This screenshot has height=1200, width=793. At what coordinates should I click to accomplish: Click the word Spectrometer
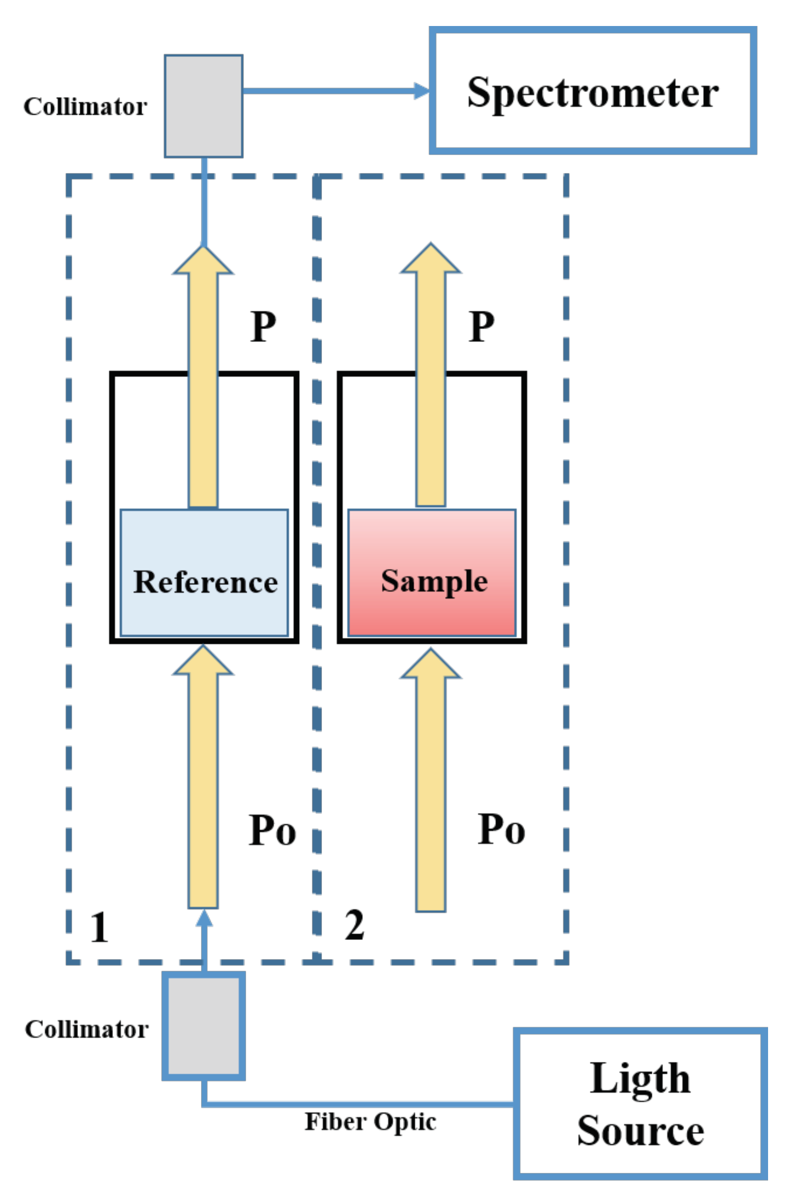click(592, 93)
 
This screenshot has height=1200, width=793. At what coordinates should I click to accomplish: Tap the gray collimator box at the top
click(204, 106)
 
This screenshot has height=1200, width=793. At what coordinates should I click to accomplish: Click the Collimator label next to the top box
click(85, 107)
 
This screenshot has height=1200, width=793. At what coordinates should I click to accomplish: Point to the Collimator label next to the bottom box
click(86, 1029)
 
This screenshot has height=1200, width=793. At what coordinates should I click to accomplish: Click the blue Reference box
click(204, 573)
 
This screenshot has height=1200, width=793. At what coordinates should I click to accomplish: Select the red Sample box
click(432, 573)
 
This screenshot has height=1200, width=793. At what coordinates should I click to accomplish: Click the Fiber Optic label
click(370, 1122)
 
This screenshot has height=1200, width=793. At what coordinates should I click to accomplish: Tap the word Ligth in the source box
click(640, 1078)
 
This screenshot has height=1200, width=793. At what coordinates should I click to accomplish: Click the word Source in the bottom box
click(640, 1130)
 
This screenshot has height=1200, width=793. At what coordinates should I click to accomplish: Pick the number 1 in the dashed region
click(99, 928)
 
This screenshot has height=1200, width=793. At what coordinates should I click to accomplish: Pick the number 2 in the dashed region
click(354, 925)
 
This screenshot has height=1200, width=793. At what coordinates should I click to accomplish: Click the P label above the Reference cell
click(263, 326)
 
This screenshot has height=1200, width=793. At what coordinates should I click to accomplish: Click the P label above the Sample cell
click(482, 326)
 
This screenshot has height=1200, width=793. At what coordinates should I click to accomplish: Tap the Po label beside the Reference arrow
click(272, 830)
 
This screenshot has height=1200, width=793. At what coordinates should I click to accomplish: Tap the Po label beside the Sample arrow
click(501, 829)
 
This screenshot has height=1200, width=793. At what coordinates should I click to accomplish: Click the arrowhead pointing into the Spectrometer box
click(422, 91)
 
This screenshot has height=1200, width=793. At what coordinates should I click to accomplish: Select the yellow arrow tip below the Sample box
click(431, 663)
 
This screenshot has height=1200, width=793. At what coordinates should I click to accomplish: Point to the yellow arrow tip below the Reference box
click(203, 661)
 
